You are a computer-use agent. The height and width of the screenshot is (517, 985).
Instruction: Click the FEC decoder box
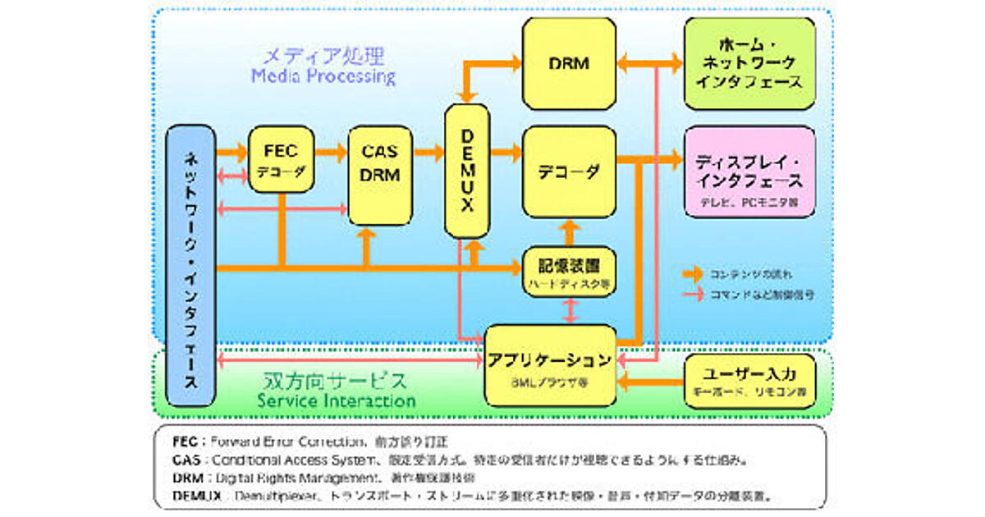(281, 159)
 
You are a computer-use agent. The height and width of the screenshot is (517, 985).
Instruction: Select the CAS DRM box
(379, 175)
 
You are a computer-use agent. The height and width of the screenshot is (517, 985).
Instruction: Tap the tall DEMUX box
(466, 172)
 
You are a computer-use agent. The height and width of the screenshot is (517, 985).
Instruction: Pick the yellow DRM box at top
(569, 63)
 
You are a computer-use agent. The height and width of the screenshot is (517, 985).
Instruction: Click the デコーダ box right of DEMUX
(569, 172)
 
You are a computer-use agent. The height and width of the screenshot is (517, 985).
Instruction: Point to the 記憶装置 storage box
(568, 272)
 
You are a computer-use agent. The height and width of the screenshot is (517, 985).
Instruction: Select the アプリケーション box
(550, 365)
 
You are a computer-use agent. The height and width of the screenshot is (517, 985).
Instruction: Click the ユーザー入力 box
(749, 380)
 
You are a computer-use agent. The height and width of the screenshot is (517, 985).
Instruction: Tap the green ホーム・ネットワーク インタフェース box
(749, 63)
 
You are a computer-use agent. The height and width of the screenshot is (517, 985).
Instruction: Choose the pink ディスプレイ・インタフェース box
(749, 172)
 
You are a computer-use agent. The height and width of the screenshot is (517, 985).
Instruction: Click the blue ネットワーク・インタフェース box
(190, 268)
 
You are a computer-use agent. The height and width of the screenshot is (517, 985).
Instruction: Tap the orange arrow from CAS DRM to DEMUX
(428, 152)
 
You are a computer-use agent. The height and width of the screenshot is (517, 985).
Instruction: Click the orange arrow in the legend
(693, 272)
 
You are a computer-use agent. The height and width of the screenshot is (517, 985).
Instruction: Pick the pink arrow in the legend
(693, 292)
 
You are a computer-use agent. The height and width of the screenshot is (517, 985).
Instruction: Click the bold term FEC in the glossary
(186, 442)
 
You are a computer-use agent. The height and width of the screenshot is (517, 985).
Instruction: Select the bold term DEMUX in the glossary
(198, 496)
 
